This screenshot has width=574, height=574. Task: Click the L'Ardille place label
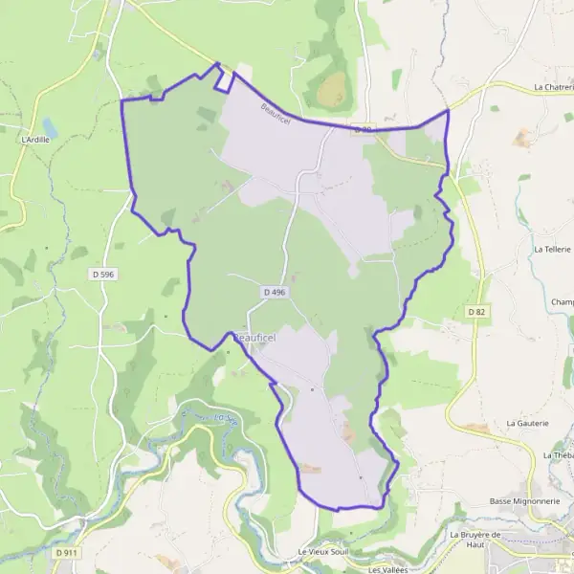34,139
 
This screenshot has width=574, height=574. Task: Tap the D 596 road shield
103,274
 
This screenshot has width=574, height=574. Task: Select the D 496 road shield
276,291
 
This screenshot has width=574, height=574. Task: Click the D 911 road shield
66,553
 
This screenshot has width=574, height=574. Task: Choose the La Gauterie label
527,422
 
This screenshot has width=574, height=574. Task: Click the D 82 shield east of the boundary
476,312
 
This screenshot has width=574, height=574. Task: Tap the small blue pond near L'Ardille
49,127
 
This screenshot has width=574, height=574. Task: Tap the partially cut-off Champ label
562,303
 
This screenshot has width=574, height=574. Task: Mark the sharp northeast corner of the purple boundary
448,110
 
